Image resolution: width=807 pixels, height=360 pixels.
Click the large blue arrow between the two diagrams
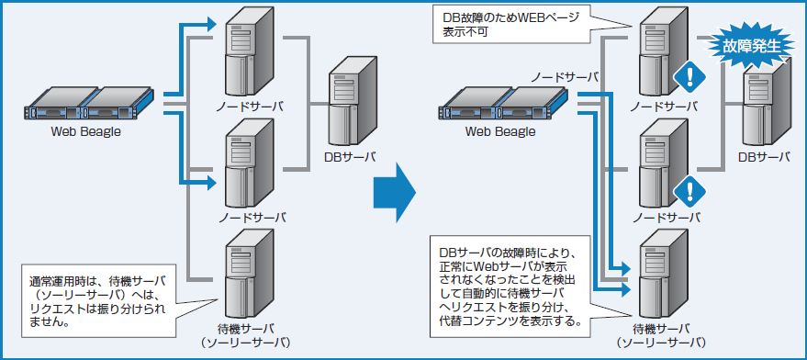(394, 192)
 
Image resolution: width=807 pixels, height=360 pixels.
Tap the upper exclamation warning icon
(687, 78)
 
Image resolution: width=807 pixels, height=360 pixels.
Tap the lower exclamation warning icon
(687, 191)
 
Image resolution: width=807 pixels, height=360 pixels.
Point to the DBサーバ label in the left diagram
(352, 156)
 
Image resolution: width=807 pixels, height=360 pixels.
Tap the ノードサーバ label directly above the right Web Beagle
(563, 76)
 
